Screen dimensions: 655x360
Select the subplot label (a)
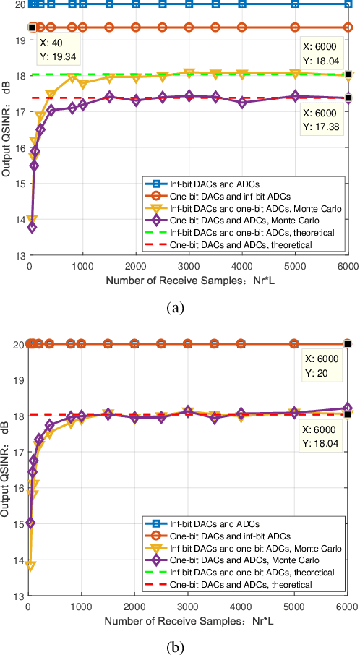[174, 307]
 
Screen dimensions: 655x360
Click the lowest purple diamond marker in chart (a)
[32, 227]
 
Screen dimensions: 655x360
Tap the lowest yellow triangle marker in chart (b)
[30, 565]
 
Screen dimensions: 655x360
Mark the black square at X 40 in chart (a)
[32, 27]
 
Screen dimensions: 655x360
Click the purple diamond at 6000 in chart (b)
[348, 408]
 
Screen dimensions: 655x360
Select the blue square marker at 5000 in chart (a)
[295, 4]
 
